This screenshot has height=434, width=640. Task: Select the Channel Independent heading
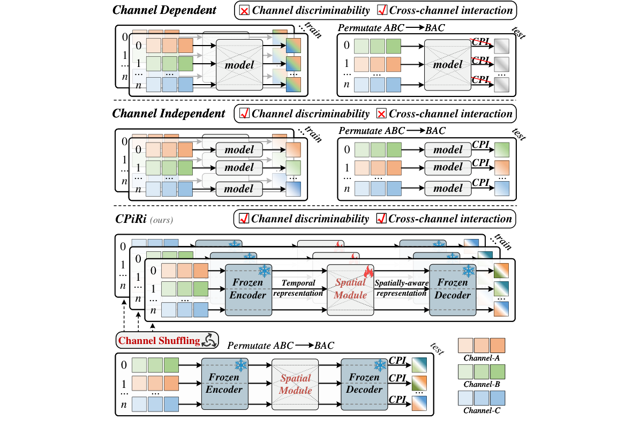tap(169, 114)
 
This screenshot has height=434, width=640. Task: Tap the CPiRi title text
tap(130, 219)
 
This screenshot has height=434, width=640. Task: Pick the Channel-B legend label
tap(482, 384)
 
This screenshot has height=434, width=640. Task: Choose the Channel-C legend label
tap(482, 411)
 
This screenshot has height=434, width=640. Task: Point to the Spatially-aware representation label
tap(401, 288)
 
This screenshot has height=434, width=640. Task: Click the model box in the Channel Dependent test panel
tap(447, 65)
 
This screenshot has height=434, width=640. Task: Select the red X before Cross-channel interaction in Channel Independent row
tap(382, 113)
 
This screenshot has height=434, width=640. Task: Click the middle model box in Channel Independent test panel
tap(448, 167)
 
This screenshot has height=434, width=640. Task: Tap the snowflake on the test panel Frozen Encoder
tap(240, 365)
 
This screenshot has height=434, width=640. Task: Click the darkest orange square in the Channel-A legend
tap(497, 343)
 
